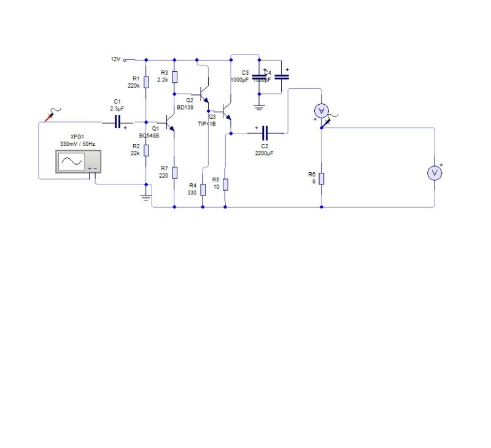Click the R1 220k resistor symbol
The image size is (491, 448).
[x=146, y=82]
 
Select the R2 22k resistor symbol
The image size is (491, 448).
[x=146, y=150]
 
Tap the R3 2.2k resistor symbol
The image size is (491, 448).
[x=174, y=77]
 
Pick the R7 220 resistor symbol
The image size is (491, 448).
[x=174, y=172]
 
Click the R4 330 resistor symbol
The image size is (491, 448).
[x=203, y=189]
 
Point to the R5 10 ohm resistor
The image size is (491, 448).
[x=225, y=183]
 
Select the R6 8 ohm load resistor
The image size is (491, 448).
[x=321, y=178]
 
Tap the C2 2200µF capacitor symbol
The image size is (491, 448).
[x=265, y=132]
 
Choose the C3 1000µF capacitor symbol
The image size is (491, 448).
[x=259, y=76]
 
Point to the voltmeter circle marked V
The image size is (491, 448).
[x=435, y=173]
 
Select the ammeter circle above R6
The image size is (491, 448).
[x=321, y=110]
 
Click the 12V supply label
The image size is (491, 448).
[x=115, y=59]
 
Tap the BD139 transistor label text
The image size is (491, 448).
[x=185, y=107]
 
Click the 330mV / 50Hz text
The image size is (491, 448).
[x=77, y=143]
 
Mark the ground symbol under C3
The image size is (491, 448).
[x=259, y=107]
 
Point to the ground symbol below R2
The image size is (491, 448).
[x=146, y=197]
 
